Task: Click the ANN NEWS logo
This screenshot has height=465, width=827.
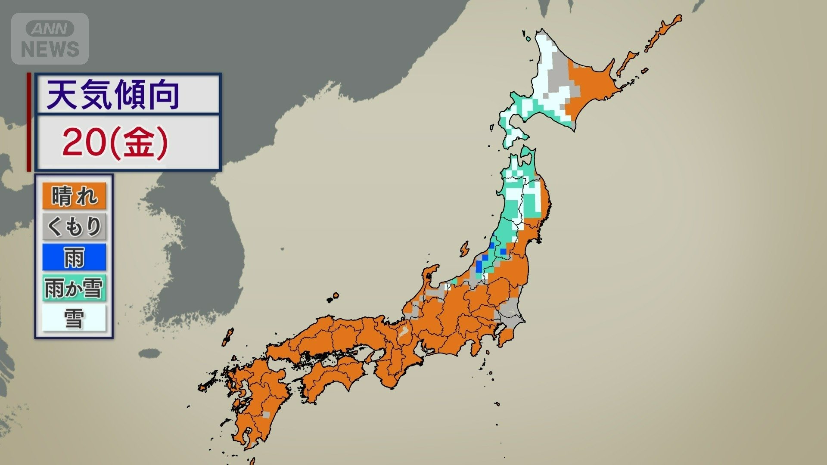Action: pyautogui.click(x=50, y=39)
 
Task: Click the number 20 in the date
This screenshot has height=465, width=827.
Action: pyautogui.click(x=84, y=143)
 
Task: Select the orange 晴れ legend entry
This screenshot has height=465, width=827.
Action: pyautogui.click(x=74, y=196)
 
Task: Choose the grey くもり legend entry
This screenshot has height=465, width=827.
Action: pyautogui.click(x=74, y=226)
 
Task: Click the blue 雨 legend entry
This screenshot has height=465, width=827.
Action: pyautogui.click(x=74, y=257)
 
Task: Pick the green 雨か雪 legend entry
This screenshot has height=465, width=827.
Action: pyautogui.click(x=74, y=288)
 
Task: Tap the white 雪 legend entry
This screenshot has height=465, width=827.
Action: pyautogui.click(x=74, y=319)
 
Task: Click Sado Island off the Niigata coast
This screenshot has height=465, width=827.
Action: pyautogui.click(x=464, y=249)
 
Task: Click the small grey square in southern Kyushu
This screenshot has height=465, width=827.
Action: pyautogui.click(x=266, y=415)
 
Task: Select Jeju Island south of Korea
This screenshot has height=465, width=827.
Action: pyautogui.click(x=149, y=353)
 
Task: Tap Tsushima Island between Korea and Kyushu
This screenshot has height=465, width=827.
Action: pyautogui.click(x=227, y=337)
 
